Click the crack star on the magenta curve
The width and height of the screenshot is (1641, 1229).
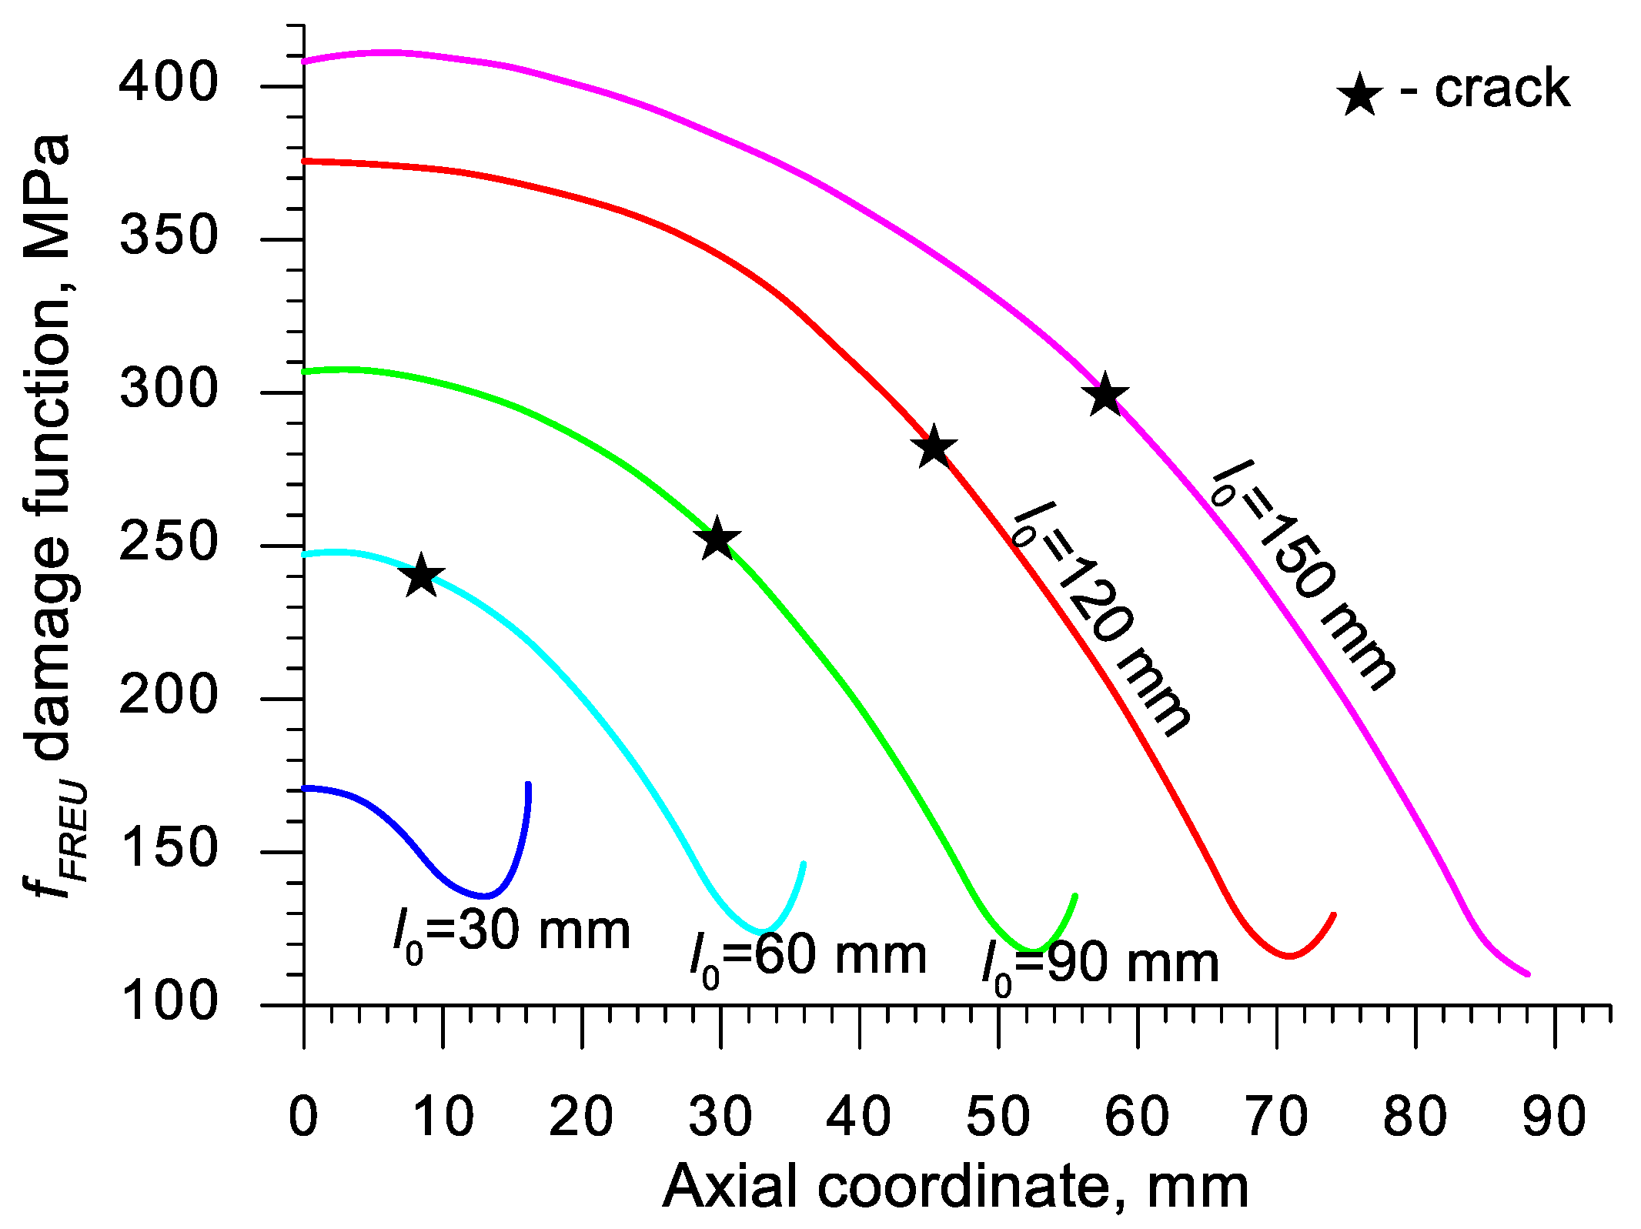tap(1105, 396)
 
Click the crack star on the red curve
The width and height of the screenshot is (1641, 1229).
tap(934, 447)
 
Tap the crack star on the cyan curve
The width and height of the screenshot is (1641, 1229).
tap(421, 576)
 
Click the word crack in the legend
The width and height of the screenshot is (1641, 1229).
tap(1502, 89)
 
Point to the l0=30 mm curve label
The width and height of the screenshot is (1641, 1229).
tap(511, 933)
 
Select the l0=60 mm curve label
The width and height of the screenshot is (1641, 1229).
tap(808, 958)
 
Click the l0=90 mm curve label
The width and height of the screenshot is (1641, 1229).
tap(1101, 966)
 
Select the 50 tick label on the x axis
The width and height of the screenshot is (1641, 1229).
tap(998, 1117)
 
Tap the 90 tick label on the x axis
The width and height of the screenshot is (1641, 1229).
tap(1554, 1117)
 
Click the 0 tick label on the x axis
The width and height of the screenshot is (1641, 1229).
tap(303, 1117)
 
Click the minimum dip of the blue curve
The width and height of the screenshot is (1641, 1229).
tap(485, 896)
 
